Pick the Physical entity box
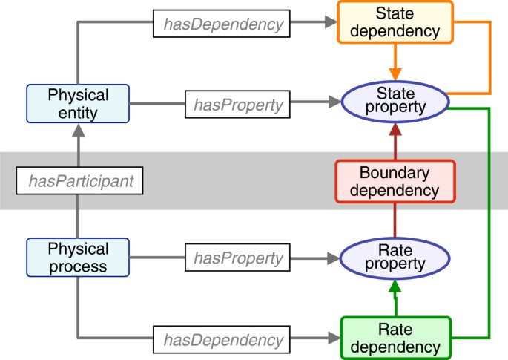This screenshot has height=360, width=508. (x=78, y=104)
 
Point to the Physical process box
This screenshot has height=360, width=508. (x=78, y=258)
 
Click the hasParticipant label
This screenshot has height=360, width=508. (x=78, y=180)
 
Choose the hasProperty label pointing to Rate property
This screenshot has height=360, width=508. (x=237, y=259)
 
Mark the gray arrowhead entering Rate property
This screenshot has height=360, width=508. (x=331, y=259)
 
